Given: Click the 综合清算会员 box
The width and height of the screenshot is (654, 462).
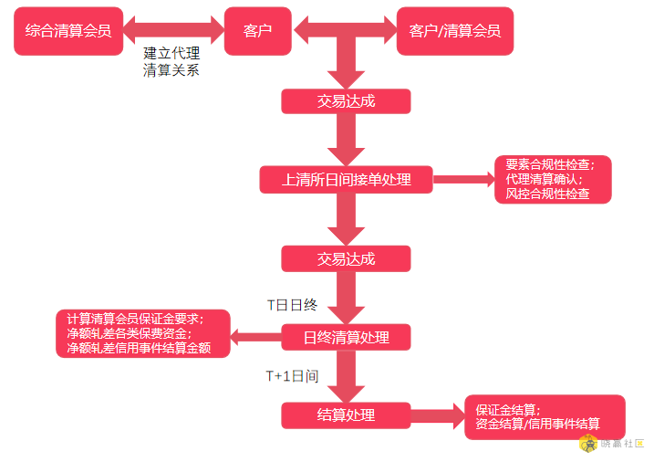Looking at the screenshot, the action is pyautogui.click(x=68, y=31).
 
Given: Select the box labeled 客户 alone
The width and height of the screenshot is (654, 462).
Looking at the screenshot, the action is pyautogui.click(x=258, y=31).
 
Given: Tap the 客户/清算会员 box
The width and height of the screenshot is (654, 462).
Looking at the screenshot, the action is pyautogui.click(x=455, y=31).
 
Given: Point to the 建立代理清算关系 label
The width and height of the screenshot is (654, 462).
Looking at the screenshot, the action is pyautogui.click(x=171, y=61).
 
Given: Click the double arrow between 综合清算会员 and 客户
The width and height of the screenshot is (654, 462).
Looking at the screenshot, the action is pyautogui.click(x=174, y=30).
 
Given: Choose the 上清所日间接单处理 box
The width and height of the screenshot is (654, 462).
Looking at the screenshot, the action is pyautogui.click(x=347, y=180).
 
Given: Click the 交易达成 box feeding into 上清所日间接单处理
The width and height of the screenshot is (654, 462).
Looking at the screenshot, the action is pyautogui.click(x=347, y=101).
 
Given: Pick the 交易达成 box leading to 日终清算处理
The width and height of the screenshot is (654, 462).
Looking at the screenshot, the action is pyautogui.click(x=347, y=258).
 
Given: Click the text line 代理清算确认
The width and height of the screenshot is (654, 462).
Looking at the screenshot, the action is pyautogui.click(x=544, y=179).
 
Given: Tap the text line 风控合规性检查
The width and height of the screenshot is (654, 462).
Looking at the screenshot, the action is pyautogui.click(x=547, y=194).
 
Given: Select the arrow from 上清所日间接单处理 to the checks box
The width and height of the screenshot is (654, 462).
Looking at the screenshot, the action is pyautogui.click(x=463, y=179).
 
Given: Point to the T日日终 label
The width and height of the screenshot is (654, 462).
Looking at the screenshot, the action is pyautogui.click(x=292, y=305).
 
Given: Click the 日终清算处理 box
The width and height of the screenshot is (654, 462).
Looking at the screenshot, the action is pyautogui.click(x=347, y=337).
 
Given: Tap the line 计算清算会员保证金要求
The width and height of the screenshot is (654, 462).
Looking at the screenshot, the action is pyautogui.click(x=135, y=319).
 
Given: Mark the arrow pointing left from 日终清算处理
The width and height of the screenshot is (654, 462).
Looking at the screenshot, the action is pyautogui.click(x=255, y=337).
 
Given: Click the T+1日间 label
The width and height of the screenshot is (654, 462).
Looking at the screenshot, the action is pyautogui.click(x=293, y=376).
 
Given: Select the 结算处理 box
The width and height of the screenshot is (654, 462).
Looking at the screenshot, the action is pyautogui.click(x=347, y=415).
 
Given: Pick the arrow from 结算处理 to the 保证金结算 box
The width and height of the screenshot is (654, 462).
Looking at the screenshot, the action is pyautogui.click(x=438, y=415).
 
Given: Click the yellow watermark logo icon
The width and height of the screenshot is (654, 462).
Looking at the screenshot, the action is pyautogui.click(x=589, y=444).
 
